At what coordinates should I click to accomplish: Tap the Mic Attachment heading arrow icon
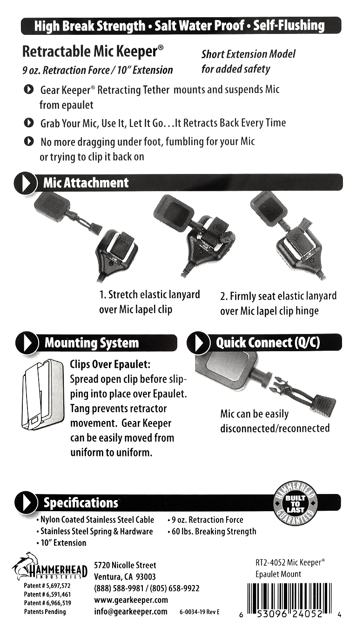coord(26,183)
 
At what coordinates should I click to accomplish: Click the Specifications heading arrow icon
coord(26,502)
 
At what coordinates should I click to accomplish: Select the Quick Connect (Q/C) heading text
coord(268,343)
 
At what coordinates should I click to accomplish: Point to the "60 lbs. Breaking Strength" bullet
coord(212,532)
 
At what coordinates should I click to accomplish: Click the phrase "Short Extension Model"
coord(249,53)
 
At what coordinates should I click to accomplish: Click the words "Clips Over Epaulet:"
coord(110,365)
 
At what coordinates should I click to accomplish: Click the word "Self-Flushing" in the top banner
coord(289,26)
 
